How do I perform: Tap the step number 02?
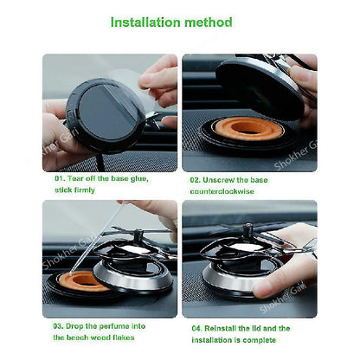point(196,180)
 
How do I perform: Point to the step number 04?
point(196,328)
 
